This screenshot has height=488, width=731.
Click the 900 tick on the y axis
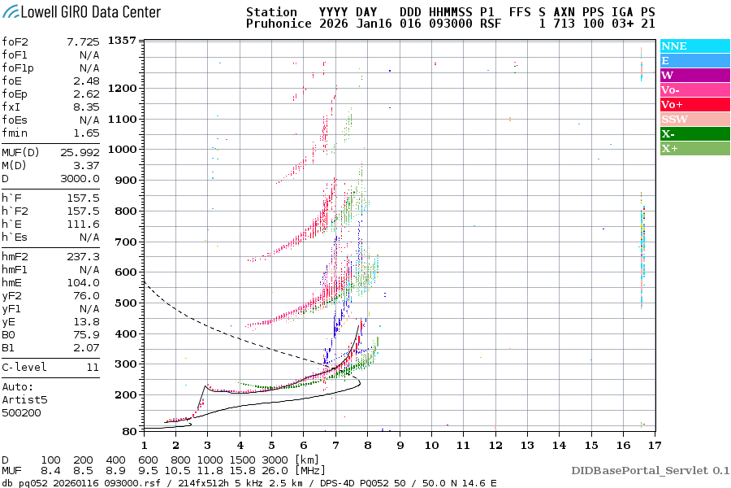[124, 181]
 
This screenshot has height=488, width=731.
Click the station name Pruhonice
[273, 24]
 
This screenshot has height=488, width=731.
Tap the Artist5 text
[23, 399]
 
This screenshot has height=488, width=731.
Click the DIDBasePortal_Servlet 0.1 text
[650, 470]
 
